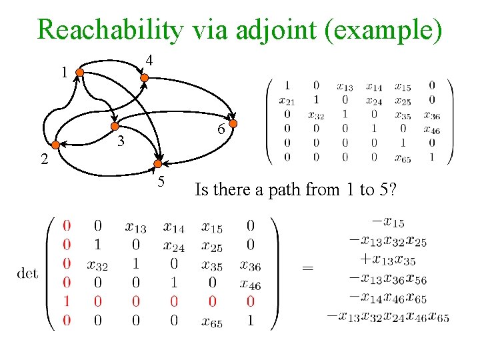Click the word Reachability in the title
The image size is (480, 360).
coord(110,30)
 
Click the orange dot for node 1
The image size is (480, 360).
coord(79,72)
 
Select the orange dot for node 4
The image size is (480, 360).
coord(144,77)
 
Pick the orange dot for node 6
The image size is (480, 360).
coord(233,123)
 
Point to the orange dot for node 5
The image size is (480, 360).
coord(157,163)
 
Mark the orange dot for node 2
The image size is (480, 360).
coord(56,144)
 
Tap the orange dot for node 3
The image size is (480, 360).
coord(115,129)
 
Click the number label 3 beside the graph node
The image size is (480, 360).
coord(121,141)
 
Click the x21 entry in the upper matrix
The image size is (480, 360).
coord(287,101)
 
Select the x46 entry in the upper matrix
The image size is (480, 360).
coord(431,130)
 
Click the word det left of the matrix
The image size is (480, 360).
coord(28,273)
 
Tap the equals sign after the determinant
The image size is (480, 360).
coord(307,267)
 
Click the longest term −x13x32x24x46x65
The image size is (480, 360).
coord(388,317)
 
